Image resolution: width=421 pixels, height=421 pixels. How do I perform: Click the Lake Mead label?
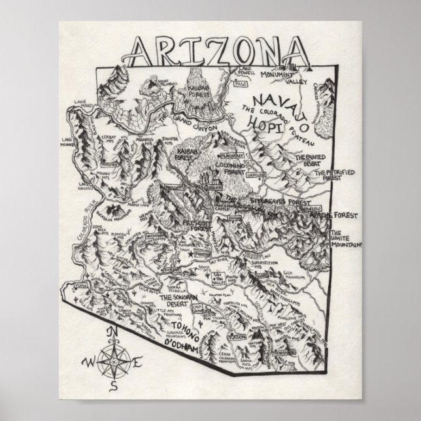coord(83,105)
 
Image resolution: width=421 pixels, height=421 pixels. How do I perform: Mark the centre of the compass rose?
coord(112,361)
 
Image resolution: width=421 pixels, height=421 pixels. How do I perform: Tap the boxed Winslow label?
coord(257,175)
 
